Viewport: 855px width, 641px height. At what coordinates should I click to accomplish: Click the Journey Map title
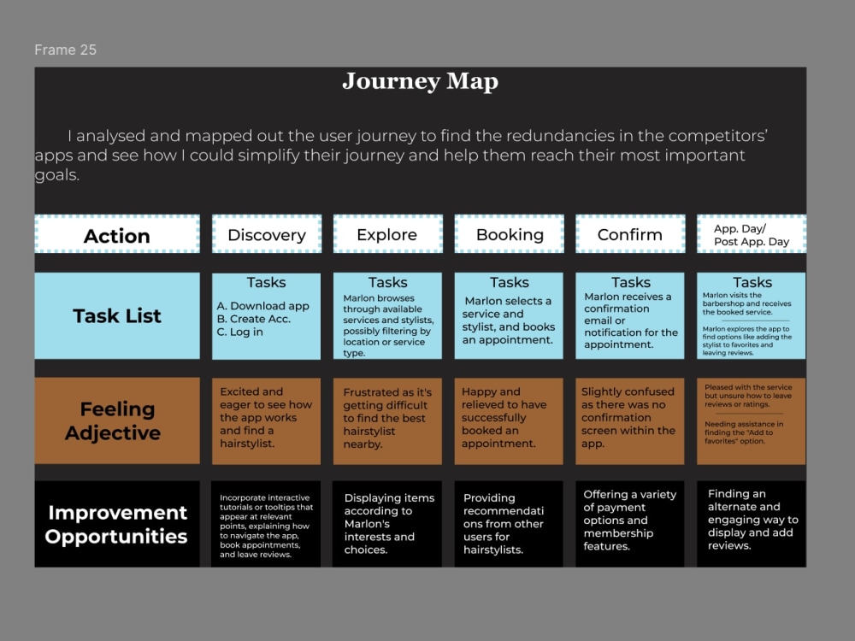pos(421,82)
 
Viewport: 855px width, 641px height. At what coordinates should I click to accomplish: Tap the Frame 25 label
pos(66,50)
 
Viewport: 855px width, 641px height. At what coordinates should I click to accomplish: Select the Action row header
pos(117,234)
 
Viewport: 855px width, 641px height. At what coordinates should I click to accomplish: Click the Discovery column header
pos(267,234)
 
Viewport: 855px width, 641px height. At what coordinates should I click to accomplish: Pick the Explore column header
pos(387,234)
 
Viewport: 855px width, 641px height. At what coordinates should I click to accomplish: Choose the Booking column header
pos(510,234)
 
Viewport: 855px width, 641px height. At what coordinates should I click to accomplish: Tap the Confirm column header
pos(630,234)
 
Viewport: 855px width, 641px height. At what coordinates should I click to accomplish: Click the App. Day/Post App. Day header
pos(752,234)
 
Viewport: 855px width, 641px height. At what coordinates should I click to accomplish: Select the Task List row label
pos(117,315)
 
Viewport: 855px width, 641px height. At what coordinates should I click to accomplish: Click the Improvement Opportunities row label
pos(117,524)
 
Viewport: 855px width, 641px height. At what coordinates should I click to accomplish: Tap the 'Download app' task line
pos(262,306)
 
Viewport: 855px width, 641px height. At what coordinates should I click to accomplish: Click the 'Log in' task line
pos(240,332)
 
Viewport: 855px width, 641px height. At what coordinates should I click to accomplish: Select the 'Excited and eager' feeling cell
pos(266,420)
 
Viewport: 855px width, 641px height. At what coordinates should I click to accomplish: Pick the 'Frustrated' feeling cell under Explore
pos(387,420)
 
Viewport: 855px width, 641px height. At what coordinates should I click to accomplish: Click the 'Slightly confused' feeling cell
pos(630,420)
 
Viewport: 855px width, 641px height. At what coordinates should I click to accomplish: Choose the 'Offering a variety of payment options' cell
pos(630,524)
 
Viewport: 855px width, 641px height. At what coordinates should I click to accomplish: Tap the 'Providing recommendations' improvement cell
pos(509,524)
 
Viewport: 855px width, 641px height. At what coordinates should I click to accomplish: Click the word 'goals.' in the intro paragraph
pos(57,175)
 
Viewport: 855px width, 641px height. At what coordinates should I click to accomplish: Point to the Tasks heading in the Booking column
pos(510,282)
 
